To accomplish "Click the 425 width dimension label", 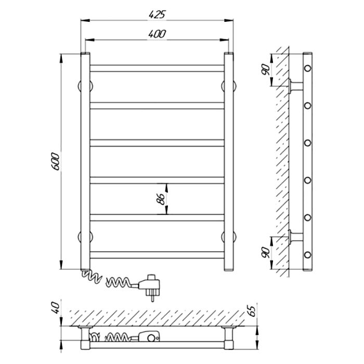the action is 157,15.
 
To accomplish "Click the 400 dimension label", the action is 157,34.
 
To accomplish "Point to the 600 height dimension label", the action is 56,161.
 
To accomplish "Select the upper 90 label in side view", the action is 266,70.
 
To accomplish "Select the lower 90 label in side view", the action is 266,253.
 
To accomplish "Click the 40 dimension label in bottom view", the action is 56,308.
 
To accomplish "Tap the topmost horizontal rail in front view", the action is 157,68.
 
